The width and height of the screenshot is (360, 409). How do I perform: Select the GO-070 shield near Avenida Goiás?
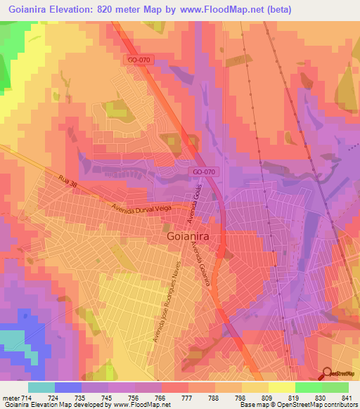point(202,171)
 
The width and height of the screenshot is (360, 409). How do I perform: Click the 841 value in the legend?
point(344,398)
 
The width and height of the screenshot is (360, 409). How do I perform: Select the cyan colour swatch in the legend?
point(41,387)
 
